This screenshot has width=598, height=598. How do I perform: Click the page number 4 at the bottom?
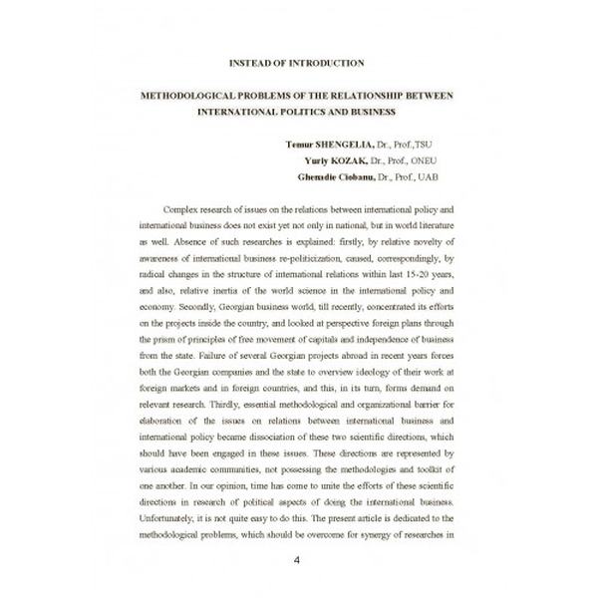tap(296, 559)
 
